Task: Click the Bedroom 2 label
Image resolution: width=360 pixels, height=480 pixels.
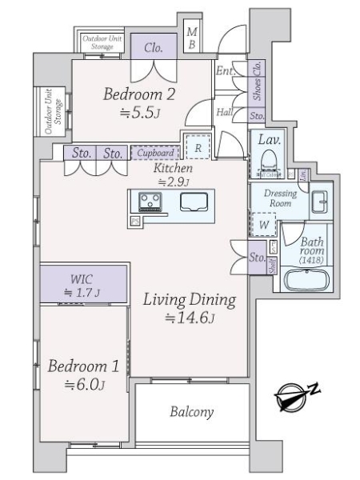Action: coord(139,94)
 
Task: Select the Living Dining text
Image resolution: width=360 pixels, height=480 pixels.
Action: coord(190,301)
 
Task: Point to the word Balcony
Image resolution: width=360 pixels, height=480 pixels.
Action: coord(191,413)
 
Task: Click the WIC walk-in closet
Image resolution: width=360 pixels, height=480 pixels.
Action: coord(83,284)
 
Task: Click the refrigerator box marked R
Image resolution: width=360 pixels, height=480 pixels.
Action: coord(197,146)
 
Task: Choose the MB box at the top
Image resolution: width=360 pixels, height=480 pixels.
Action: coord(192,38)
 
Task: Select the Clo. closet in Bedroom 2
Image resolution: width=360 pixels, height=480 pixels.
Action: coord(154,48)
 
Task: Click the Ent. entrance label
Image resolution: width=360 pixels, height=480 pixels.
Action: coord(225,71)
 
